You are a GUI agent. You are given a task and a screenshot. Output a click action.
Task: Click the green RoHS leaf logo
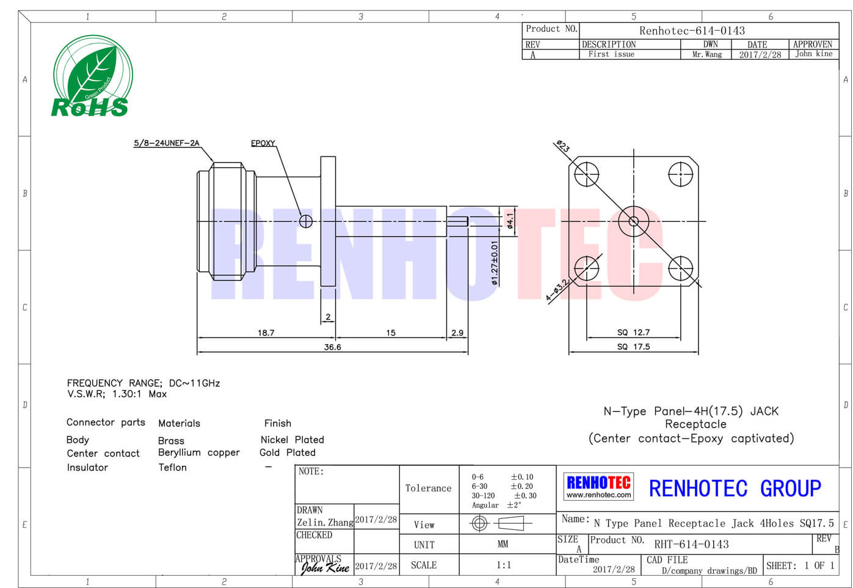[x=93, y=76]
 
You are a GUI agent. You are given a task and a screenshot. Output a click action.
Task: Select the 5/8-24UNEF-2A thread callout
[x=167, y=143]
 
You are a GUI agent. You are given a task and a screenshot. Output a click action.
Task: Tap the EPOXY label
[x=263, y=143]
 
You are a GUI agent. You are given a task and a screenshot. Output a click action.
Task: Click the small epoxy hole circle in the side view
[x=306, y=221]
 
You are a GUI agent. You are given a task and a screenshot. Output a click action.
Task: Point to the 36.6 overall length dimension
[x=332, y=347]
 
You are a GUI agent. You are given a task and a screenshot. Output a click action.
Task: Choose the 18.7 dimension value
[x=266, y=333]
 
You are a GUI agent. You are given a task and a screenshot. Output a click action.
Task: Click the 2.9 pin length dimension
[x=457, y=333]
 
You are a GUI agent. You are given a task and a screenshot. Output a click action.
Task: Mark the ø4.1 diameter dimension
[x=510, y=221]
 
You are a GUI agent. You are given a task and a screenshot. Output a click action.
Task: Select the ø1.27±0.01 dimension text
[x=495, y=263]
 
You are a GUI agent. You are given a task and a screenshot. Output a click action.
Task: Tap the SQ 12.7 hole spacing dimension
[x=633, y=333]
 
